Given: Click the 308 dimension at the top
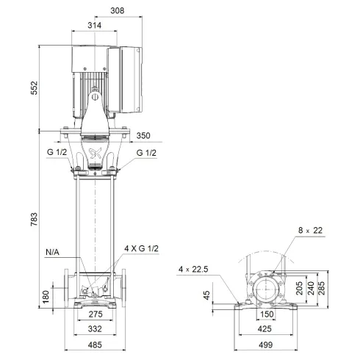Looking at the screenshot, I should (x=118, y=11).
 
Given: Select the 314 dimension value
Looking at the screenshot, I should (x=93, y=25).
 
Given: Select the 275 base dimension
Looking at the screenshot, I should (x=96, y=314).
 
